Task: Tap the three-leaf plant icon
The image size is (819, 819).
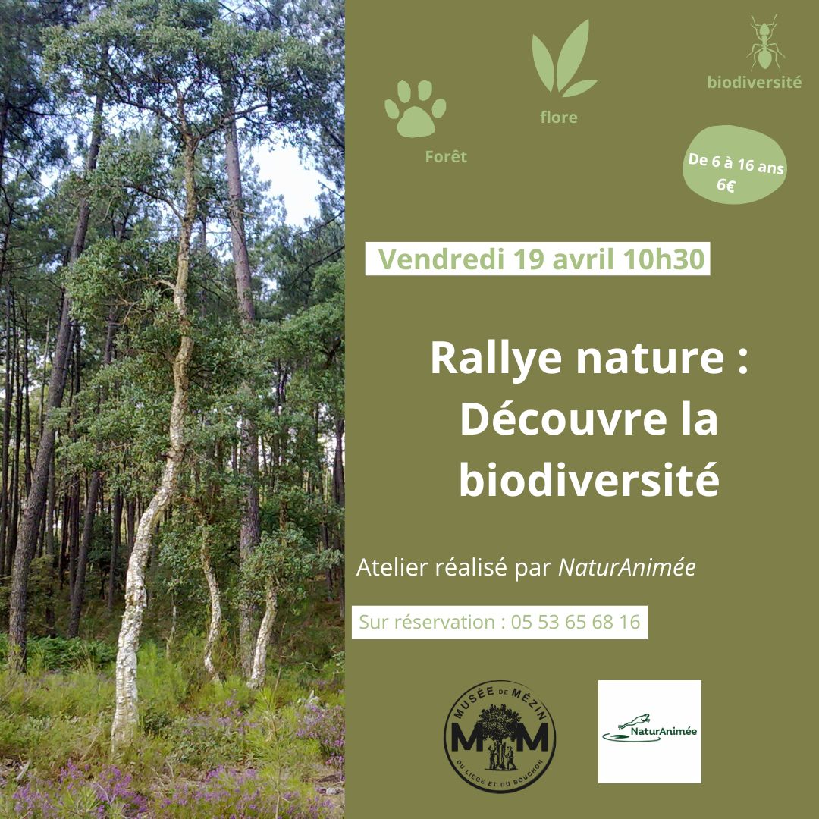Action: click(x=563, y=58)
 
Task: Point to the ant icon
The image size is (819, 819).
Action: click(x=764, y=42)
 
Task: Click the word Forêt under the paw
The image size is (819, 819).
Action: click(x=446, y=156)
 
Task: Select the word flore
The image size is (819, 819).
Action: click(x=559, y=117)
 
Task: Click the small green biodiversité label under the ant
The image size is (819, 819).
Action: click(x=755, y=83)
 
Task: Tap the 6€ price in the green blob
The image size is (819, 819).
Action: click(x=726, y=184)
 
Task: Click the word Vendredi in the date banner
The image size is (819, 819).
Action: click(x=441, y=259)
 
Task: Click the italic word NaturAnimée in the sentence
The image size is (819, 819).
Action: click(x=627, y=567)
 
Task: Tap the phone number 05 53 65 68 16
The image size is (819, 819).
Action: click(x=576, y=622)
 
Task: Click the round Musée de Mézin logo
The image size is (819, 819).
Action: click(x=499, y=736)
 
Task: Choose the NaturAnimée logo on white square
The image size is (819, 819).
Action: click(x=649, y=731)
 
